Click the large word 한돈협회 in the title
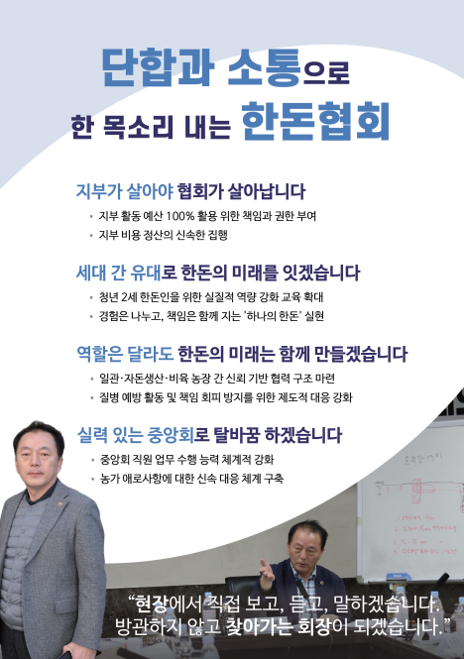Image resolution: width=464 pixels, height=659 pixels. click(x=315, y=121)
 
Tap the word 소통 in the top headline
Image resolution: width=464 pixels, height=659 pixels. click(x=264, y=68)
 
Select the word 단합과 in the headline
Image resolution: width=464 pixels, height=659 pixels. click(x=159, y=68)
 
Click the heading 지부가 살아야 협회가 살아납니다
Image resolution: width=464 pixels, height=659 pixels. click(x=190, y=191)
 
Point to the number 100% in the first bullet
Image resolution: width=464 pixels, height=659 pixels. click(x=180, y=216)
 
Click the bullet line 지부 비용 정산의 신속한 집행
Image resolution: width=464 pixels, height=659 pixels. click(x=164, y=235)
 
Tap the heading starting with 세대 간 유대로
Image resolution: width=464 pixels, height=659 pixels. click(x=218, y=273)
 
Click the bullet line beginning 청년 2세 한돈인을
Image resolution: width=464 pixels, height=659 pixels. click(x=211, y=297)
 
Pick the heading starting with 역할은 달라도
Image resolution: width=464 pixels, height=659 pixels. click(x=242, y=354)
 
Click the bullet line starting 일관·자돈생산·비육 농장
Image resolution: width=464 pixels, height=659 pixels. click(x=217, y=379)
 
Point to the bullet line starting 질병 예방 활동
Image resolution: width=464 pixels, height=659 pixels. click(x=225, y=397)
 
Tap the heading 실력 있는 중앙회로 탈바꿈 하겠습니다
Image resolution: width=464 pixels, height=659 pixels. click(x=209, y=435)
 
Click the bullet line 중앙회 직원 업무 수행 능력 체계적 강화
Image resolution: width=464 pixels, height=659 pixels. click(x=186, y=460)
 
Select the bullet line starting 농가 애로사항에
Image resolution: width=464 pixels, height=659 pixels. click(x=191, y=479)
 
